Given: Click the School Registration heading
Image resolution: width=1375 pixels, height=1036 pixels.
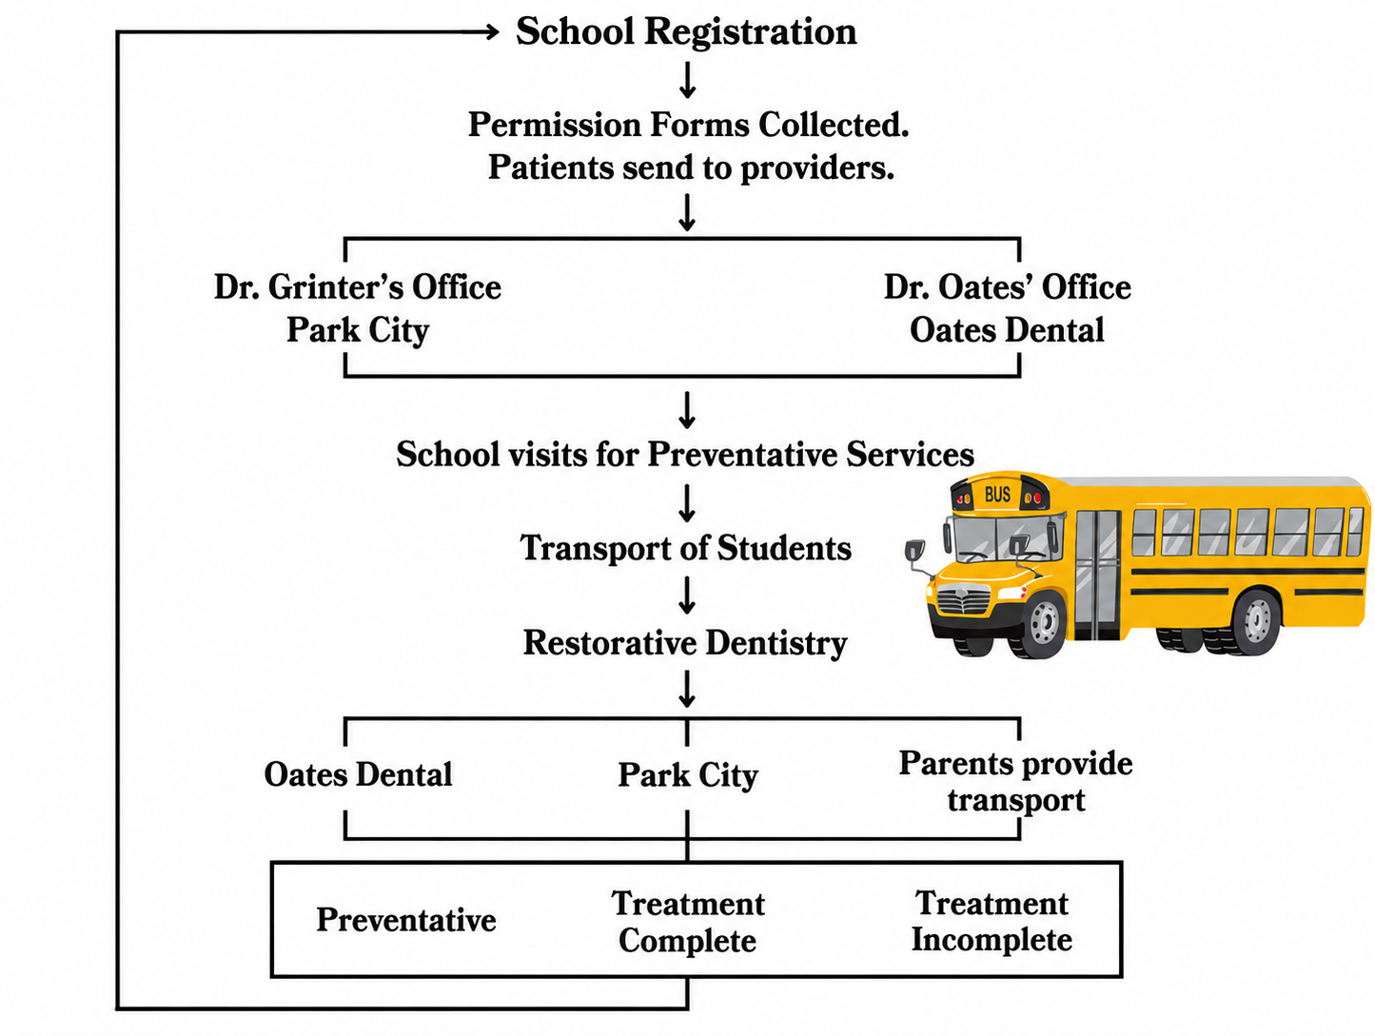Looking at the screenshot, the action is pyautogui.click(x=686, y=31).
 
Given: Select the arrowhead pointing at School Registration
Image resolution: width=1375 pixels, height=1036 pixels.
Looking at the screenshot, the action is pyautogui.click(x=492, y=32).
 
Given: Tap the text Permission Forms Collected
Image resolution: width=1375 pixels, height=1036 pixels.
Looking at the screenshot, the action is pyautogui.click(x=688, y=125).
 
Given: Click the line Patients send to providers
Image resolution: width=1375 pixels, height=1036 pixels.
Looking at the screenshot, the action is pyautogui.click(x=690, y=167).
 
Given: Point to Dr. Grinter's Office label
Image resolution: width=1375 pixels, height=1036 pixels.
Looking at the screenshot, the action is pyautogui.click(x=358, y=287).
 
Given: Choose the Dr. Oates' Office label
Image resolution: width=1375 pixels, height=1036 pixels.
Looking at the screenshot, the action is pyautogui.click(x=1008, y=287).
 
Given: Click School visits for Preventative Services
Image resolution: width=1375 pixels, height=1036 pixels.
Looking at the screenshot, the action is pyautogui.click(x=685, y=454).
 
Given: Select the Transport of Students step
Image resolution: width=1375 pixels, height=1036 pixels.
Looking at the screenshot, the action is pyautogui.click(x=685, y=548).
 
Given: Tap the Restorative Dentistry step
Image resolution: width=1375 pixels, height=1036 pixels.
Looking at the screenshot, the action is pyautogui.click(x=685, y=643).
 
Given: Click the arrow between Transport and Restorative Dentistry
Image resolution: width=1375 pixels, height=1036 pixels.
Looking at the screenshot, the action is pyautogui.click(x=687, y=596).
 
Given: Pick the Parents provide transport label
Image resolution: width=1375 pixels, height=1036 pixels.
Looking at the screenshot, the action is pyautogui.click(x=1015, y=781).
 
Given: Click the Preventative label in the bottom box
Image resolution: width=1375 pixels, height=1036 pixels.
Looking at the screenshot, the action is pyautogui.click(x=406, y=920).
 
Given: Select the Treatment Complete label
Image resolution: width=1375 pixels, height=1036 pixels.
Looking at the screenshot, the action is pyautogui.click(x=688, y=922).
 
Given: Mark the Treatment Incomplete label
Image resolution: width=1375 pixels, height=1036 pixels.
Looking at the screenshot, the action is pyautogui.click(x=992, y=920).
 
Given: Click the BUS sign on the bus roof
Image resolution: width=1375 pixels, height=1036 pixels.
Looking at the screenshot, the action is pyautogui.click(x=997, y=495).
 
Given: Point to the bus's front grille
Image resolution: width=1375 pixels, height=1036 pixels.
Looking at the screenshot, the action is pyautogui.click(x=963, y=599).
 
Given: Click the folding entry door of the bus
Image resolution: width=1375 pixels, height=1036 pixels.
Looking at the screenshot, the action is pyautogui.click(x=1097, y=575).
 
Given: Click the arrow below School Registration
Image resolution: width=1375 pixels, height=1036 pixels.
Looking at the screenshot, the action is pyautogui.click(x=687, y=80).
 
